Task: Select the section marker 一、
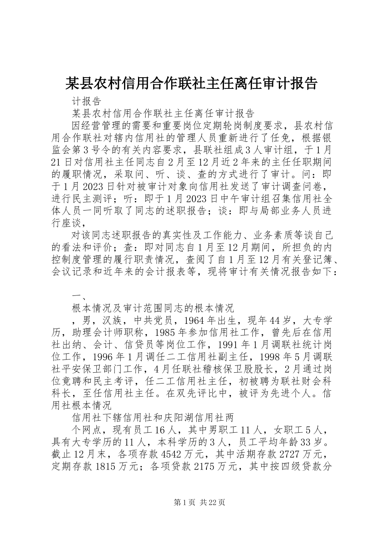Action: [77, 296]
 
